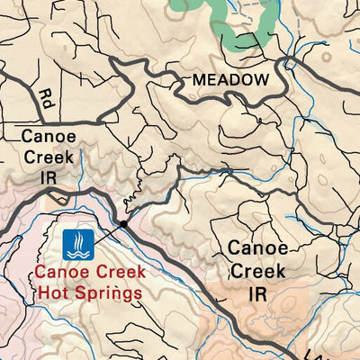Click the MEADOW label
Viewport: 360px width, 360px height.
point(230,81)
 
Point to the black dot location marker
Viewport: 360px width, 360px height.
point(123,224)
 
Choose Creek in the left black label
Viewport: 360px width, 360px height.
point(45,156)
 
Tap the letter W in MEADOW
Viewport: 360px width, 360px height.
point(261,81)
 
